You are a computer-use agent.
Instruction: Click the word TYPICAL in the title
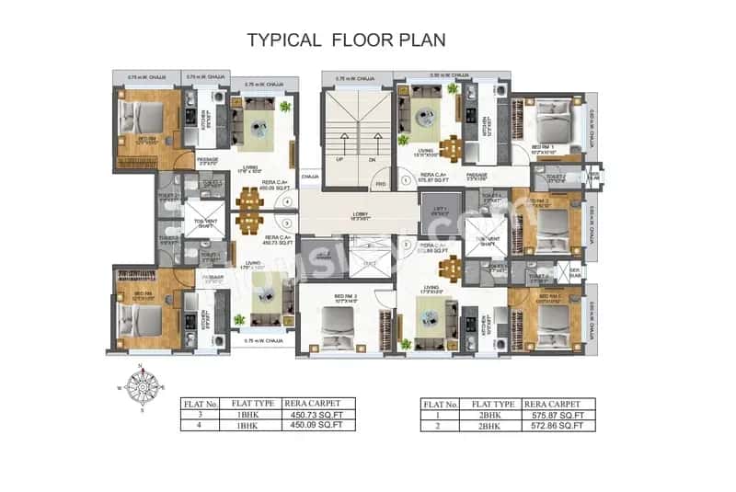click(x=284, y=40)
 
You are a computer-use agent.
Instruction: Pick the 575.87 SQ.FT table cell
click(x=558, y=415)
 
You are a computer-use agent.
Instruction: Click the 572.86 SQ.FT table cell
click(x=558, y=426)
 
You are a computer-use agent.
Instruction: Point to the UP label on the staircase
click(x=340, y=157)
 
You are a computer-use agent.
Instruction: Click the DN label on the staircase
click(x=373, y=157)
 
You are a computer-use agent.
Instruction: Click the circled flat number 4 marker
click(x=288, y=200)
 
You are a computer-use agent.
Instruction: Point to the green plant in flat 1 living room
click(x=453, y=88)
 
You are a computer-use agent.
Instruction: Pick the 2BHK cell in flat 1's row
click(x=491, y=415)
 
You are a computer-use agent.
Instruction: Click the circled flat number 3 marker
click(x=288, y=222)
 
